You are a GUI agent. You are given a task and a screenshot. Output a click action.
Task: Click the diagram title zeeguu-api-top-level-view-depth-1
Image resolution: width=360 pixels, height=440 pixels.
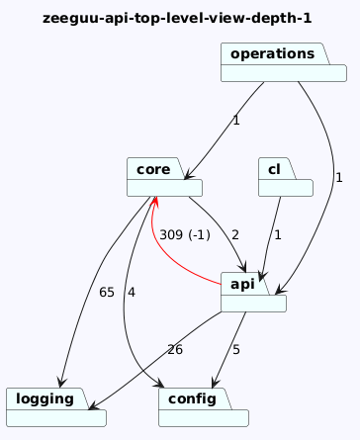click(177, 18)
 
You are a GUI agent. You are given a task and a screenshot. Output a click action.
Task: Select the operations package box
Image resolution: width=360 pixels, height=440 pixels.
click(284, 62)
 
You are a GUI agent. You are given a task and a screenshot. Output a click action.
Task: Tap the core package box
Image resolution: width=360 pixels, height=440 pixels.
click(164, 177)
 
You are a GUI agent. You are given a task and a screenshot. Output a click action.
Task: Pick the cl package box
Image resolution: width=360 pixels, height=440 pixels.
click(286, 177)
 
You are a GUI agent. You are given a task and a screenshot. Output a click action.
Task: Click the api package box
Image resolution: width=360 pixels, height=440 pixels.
click(253, 292)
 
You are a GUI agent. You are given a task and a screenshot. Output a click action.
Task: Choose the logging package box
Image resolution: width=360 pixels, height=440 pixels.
click(56, 407)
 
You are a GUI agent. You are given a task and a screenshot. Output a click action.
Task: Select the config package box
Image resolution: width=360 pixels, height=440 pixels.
click(204, 407)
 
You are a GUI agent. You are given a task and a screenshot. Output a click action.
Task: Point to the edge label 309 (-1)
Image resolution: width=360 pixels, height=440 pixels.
click(185, 235)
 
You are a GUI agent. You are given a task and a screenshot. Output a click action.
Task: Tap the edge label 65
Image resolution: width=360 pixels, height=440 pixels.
click(107, 293)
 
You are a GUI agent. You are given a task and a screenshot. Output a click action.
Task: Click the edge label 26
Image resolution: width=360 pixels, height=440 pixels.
click(175, 350)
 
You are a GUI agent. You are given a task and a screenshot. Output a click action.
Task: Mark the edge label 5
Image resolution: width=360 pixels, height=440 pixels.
click(236, 350)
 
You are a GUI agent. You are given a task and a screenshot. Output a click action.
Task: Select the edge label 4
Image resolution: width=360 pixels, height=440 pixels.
click(132, 293)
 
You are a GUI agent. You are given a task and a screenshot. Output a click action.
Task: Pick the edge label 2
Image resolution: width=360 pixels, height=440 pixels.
click(234, 235)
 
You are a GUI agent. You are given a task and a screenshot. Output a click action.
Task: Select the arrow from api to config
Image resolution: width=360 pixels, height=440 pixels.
click(229, 350)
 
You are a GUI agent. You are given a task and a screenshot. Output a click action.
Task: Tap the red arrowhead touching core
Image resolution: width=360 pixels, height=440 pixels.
click(154, 202)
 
